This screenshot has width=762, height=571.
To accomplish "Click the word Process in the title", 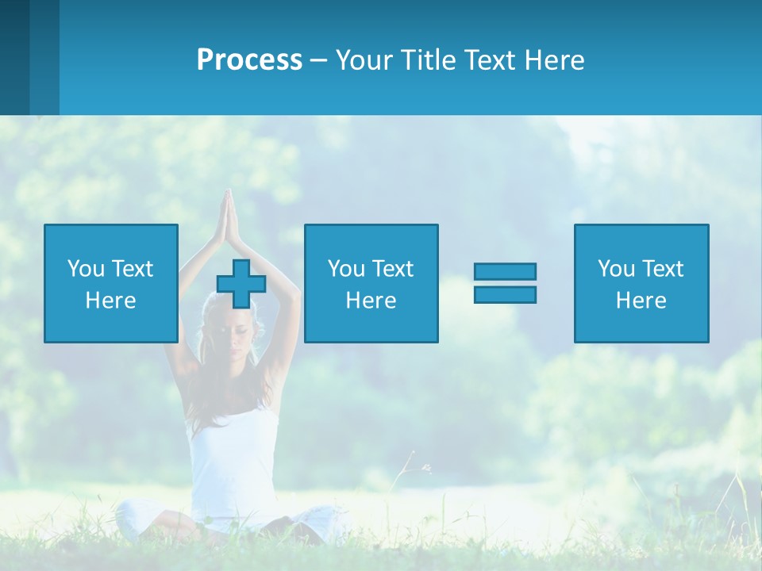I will point(249,60).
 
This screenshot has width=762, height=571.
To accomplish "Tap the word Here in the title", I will point(556,60).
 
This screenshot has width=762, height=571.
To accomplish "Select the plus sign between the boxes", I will point(241,283).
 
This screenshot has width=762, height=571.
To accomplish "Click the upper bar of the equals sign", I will point(505,271).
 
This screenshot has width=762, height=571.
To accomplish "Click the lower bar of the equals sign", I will point(505,294).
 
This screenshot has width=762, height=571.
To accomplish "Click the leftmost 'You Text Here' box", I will point(111,283).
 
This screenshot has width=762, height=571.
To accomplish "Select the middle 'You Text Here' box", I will point(371,283).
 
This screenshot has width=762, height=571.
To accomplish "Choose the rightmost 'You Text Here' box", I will point(641,283).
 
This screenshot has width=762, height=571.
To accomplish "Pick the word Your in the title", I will point(365,60).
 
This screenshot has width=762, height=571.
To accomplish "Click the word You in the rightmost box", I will point(615,269).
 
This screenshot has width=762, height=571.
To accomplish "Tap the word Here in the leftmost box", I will point(111,301).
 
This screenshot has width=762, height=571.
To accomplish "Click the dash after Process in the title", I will point(319,60).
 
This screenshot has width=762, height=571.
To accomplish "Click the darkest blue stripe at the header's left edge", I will point(14,57).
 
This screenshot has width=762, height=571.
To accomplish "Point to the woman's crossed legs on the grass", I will point(230,523).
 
